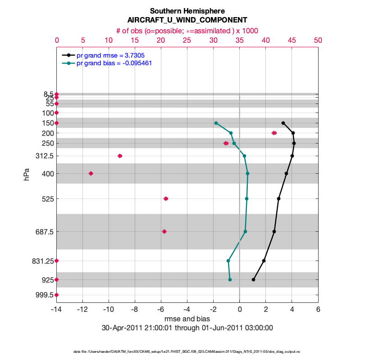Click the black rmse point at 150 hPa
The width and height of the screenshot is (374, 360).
pyautogui.click(x=283, y=123)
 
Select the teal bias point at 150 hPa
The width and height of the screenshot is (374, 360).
pyautogui.click(x=216, y=123)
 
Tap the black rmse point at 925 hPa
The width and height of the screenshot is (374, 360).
pyautogui.click(x=254, y=279)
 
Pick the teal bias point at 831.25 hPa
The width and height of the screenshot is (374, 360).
pyautogui.click(x=228, y=261)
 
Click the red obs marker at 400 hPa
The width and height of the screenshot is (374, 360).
pyautogui.click(x=91, y=173)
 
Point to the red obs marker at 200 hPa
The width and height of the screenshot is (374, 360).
pyautogui.click(x=274, y=133)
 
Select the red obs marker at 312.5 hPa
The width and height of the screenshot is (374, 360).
pyautogui.click(x=120, y=156)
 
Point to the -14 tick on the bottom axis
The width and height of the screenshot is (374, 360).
pyautogui.click(x=57, y=310)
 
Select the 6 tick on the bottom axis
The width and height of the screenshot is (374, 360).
pyautogui.click(x=318, y=310)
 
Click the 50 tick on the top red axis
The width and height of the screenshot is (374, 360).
pyautogui.click(x=318, y=40)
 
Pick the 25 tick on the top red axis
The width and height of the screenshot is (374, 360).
pyautogui.click(x=187, y=40)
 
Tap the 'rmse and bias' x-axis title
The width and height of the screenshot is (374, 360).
pyautogui.click(x=187, y=319)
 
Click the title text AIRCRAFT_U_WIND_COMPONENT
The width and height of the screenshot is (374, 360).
pyautogui.click(x=187, y=20)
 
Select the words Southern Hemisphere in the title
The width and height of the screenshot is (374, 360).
pyautogui.click(x=187, y=11)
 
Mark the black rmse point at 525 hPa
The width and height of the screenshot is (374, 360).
pyautogui.click(x=279, y=198)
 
